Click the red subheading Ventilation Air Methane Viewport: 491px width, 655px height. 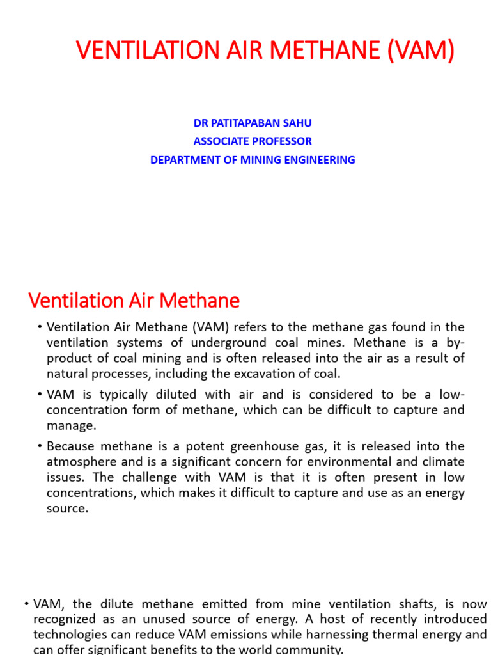click(134, 300)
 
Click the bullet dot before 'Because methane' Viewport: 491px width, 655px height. click(40, 446)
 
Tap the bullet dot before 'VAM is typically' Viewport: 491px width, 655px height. click(40, 394)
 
